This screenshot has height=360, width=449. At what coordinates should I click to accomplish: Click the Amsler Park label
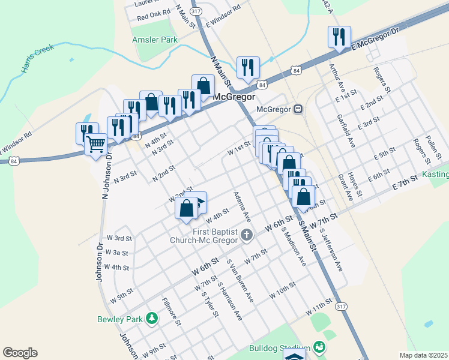[155, 40]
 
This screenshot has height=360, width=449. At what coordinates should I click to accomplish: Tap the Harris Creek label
[38, 58]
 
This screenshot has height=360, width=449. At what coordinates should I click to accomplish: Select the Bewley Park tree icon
[152, 319]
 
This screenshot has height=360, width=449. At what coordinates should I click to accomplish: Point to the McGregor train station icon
[298, 109]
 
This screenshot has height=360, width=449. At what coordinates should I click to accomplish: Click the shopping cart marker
[96, 144]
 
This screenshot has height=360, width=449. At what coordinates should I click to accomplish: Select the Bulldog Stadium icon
[320, 347]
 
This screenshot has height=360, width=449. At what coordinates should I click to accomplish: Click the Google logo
[20, 353]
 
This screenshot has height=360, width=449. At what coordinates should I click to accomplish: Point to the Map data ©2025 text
[423, 355]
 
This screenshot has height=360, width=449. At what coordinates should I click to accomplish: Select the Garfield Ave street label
[346, 131]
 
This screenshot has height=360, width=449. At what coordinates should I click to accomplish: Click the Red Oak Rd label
[154, 16]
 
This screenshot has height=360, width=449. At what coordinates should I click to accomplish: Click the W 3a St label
[117, 253]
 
